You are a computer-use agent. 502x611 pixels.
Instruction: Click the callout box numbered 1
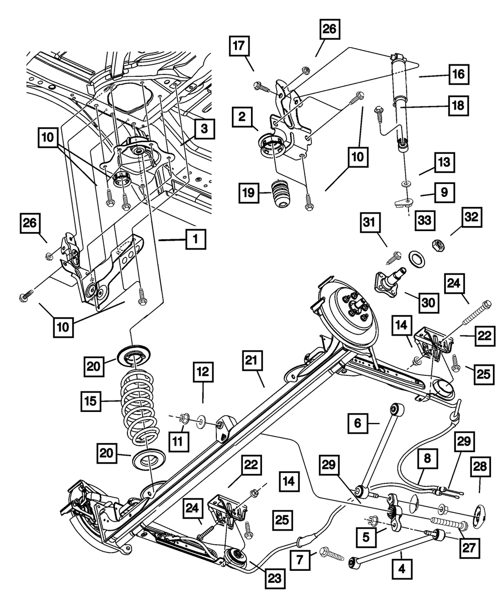196,239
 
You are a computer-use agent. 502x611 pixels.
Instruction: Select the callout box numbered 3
204,129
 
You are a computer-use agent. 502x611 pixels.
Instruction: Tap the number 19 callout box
248,192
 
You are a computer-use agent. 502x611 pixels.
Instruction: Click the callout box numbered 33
425,221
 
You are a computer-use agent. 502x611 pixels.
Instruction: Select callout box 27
469,548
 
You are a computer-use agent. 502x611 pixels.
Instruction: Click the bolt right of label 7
332,553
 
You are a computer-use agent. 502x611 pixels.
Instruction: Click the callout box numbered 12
203,372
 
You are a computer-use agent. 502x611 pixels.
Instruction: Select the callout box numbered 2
242,117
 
